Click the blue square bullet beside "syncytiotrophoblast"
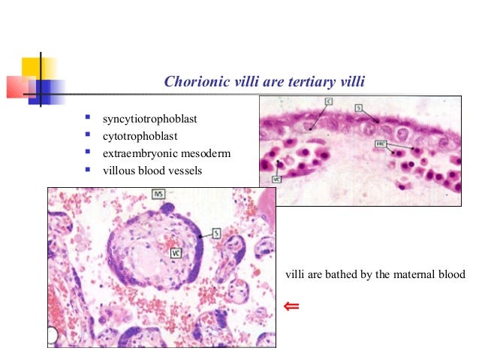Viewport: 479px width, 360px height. tap(88, 118)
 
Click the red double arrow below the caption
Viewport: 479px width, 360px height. tap(291, 306)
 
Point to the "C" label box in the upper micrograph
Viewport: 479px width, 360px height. tap(328, 101)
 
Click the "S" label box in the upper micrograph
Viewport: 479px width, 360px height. tap(358, 108)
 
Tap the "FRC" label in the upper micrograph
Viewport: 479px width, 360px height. tap(381, 143)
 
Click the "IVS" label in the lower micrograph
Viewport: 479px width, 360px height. tap(158, 194)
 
